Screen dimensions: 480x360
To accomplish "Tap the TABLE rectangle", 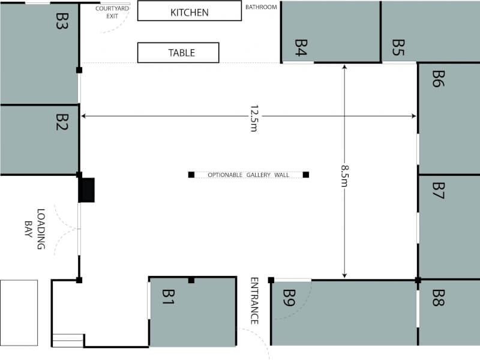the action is [178, 53].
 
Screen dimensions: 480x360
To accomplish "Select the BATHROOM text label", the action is [261, 7].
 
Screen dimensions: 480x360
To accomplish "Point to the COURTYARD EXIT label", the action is [112, 12].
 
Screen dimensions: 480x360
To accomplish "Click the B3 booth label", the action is [62, 21].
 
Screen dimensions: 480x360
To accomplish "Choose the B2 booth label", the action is [62, 122].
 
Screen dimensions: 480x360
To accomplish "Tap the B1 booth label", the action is [169, 297].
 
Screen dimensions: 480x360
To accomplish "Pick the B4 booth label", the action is [301, 48].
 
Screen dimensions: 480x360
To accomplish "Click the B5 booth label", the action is [398, 48].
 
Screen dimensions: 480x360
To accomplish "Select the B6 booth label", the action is [439, 79].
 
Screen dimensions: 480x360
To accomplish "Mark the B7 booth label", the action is [439, 190].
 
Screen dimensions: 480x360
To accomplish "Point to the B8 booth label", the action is [439, 298].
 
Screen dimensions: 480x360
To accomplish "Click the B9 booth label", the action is [289, 298].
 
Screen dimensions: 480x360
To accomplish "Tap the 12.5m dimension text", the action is [254, 118].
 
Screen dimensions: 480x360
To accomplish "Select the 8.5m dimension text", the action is [345, 176].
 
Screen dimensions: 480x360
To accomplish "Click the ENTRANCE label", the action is [254, 301].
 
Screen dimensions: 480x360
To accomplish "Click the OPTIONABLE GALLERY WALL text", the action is [248, 175].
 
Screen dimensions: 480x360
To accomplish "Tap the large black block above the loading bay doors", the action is [86, 190].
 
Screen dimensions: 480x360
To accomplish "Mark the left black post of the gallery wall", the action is [191, 175].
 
